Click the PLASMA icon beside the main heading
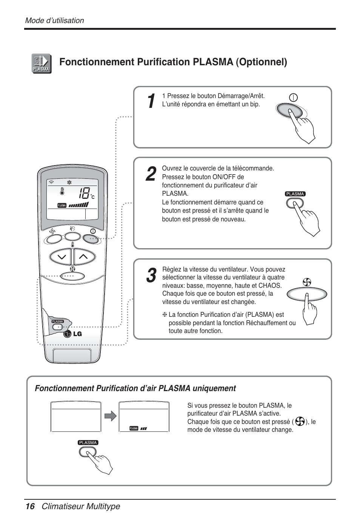tap(41, 63)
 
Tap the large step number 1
tap(150, 101)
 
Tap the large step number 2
tap(150, 174)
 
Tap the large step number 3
tap(150, 276)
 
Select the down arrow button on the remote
tap(61, 257)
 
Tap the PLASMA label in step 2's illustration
tap(295, 194)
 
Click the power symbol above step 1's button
tap(293, 97)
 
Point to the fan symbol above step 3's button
tap(307, 282)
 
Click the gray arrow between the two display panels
tap(110, 416)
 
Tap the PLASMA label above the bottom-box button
tap(88, 443)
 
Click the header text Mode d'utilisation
tap(54, 20)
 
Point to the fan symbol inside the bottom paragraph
tap(300, 422)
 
